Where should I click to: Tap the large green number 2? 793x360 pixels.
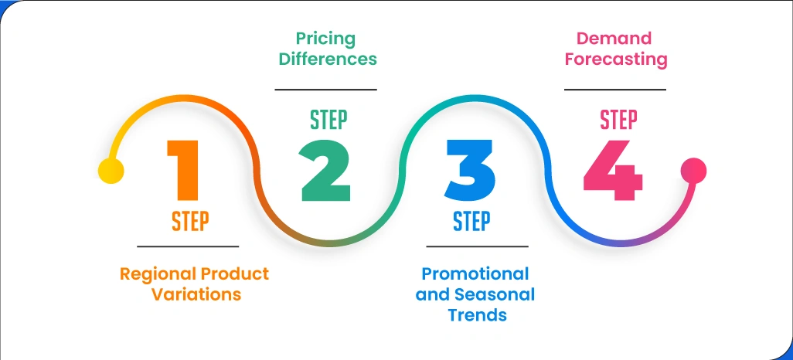[325, 171]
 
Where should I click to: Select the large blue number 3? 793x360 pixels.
[470, 171]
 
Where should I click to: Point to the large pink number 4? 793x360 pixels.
[612, 171]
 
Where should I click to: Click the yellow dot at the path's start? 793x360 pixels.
[111, 171]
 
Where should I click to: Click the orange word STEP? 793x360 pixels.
[190, 222]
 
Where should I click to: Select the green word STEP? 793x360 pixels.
[328, 121]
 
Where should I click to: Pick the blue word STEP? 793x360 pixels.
[471, 222]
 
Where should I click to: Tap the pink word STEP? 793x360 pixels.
[618, 121]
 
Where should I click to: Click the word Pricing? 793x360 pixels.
[325, 39]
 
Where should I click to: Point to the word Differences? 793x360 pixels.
[328, 59]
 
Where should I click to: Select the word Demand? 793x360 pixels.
[614, 39]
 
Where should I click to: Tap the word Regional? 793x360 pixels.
[158, 275]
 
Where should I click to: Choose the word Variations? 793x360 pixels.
[197, 294]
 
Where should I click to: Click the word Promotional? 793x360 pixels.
[475, 274]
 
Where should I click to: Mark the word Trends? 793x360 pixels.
[478, 315]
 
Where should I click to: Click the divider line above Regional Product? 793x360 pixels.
[188, 246]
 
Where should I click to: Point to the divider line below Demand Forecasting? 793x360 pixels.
[615, 90]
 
